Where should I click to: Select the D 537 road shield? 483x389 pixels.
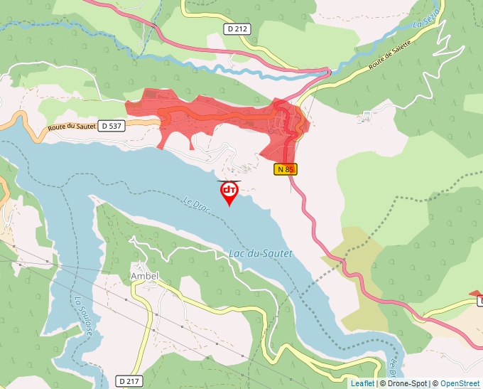(x=112, y=126)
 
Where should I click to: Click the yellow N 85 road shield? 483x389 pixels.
(x=286, y=169)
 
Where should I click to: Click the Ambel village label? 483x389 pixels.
(x=144, y=276)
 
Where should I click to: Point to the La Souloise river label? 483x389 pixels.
(x=79, y=316)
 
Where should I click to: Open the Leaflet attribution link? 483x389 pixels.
(x=362, y=383)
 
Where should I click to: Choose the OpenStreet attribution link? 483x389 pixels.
(x=461, y=383)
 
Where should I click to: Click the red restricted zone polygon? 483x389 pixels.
(x=213, y=114)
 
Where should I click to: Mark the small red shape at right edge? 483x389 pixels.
(x=474, y=294)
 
